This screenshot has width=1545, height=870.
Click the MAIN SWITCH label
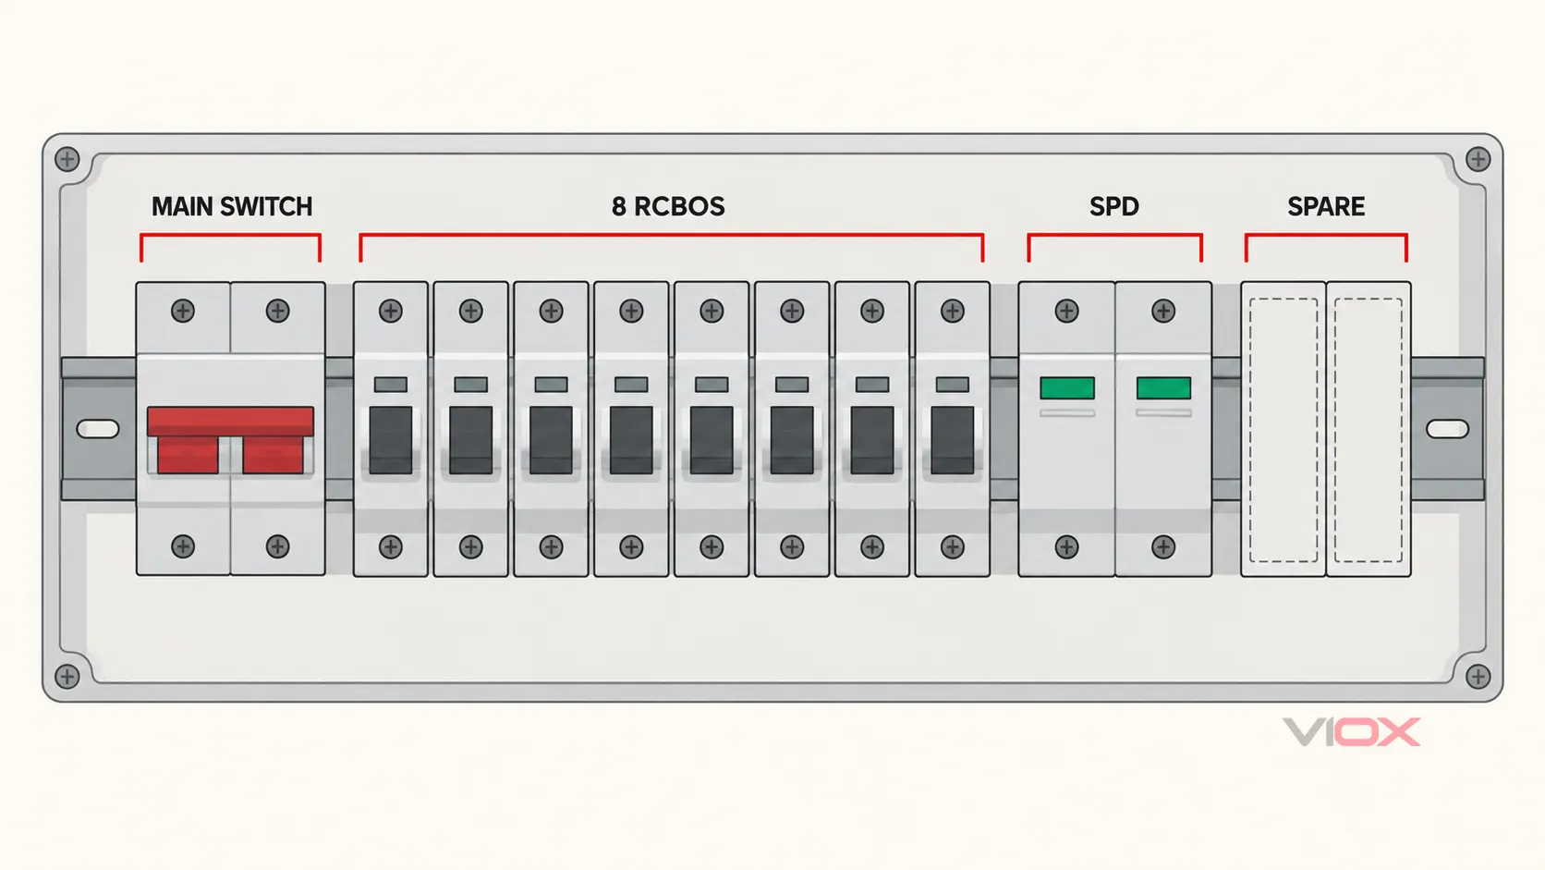click(232, 206)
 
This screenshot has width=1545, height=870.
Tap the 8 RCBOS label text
click(668, 206)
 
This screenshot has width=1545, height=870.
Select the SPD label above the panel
click(1113, 206)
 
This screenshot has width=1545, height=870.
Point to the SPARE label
click(1326, 206)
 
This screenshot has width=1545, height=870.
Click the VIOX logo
click(1351, 732)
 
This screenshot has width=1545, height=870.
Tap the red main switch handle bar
click(230, 421)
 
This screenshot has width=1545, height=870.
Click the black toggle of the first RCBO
click(390, 440)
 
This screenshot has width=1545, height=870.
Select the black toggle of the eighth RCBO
click(952, 440)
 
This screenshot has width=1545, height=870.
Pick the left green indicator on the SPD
click(1067, 387)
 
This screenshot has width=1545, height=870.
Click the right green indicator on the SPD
click(1163, 387)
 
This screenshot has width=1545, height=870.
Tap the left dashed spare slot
click(1283, 430)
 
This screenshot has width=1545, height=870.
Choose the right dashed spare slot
click(1369, 430)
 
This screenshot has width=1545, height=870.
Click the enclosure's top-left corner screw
click(67, 159)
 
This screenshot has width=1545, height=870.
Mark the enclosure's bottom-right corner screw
click(1478, 676)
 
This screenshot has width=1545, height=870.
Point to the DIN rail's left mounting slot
click(98, 429)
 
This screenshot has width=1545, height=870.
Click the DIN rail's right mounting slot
click(1447, 429)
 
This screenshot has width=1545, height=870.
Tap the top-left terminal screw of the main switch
click(183, 312)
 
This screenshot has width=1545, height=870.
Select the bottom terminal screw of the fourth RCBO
click(631, 547)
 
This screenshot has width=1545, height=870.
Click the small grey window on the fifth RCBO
click(712, 385)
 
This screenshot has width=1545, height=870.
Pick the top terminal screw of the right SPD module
click(1163, 312)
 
